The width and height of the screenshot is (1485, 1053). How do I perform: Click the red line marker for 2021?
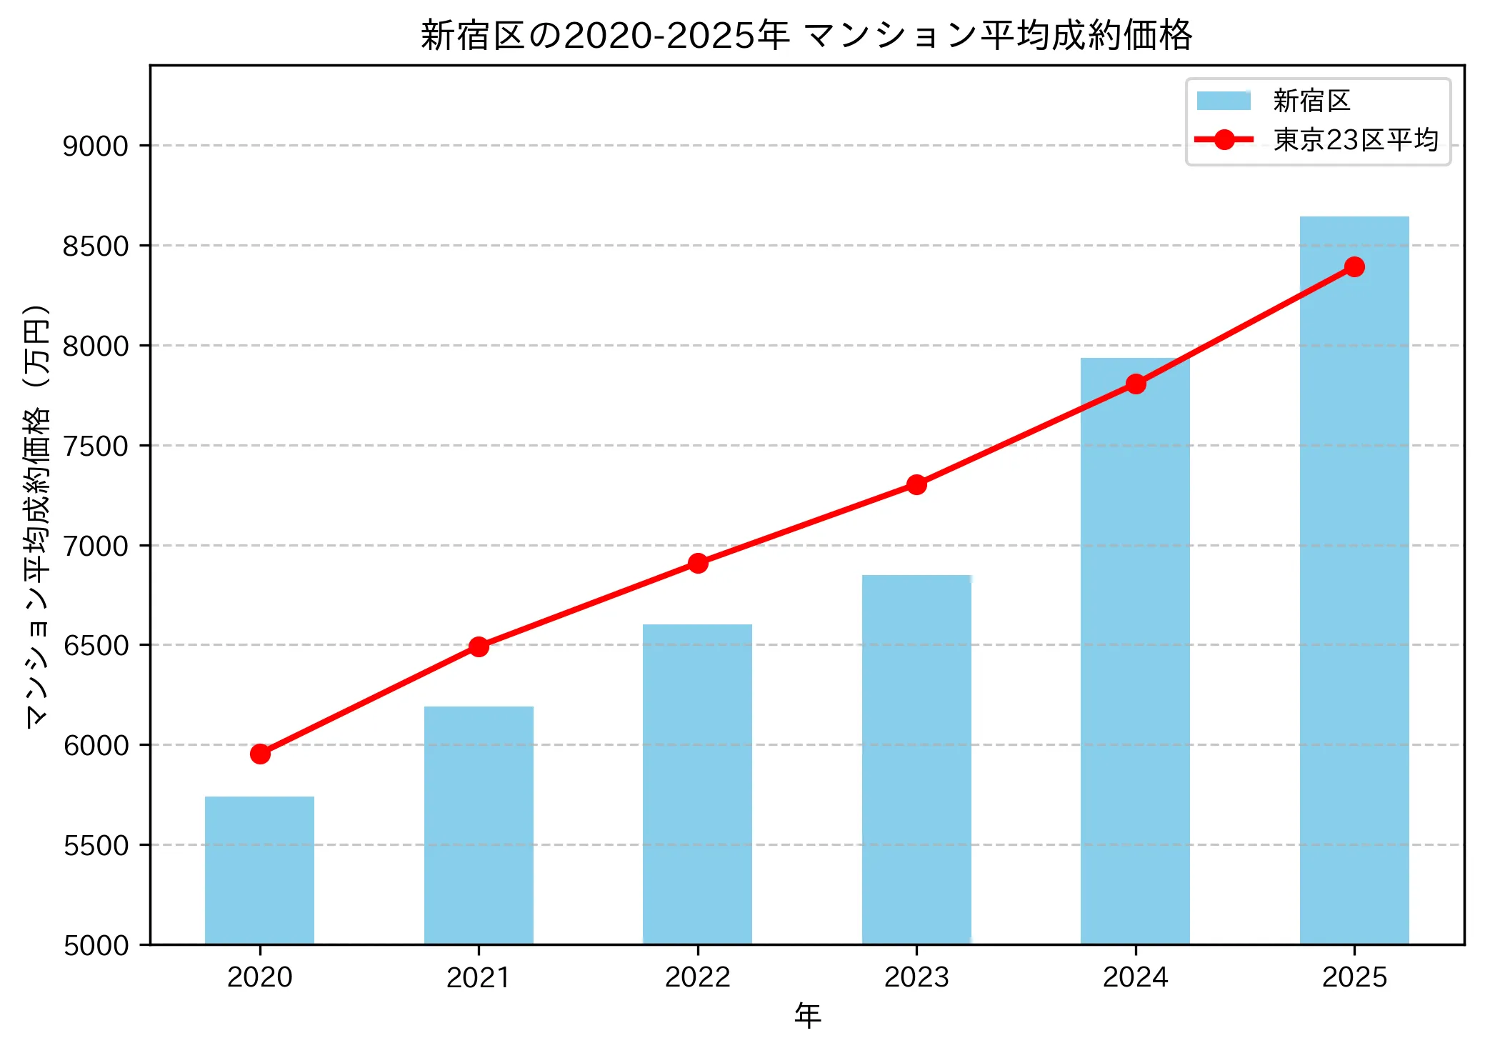pyautogui.click(x=479, y=647)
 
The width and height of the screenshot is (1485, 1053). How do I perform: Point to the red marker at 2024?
pyautogui.click(x=1136, y=384)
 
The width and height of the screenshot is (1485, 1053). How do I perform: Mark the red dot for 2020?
pyautogui.click(x=260, y=754)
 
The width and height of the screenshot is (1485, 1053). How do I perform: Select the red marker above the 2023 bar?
pyautogui.click(x=916, y=485)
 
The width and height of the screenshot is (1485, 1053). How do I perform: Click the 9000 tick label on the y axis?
pyautogui.click(x=95, y=146)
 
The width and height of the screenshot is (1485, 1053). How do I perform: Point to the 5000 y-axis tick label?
pyautogui.click(x=95, y=946)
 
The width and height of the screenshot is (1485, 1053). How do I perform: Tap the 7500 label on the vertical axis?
pyautogui.click(x=95, y=446)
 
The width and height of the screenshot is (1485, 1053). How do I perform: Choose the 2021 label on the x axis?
pyautogui.click(x=479, y=977)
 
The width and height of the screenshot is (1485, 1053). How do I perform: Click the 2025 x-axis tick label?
pyautogui.click(x=1354, y=977)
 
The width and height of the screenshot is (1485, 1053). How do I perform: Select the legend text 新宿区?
pyautogui.click(x=1311, y=101)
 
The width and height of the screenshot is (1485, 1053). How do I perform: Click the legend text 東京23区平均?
pyautogui.click(x=1355, y=140)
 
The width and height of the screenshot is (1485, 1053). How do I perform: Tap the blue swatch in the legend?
pyautogui.click(x=1224, y=101)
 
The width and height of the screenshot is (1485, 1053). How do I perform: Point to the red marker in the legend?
pyautogui.click(x=1224, y=140)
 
